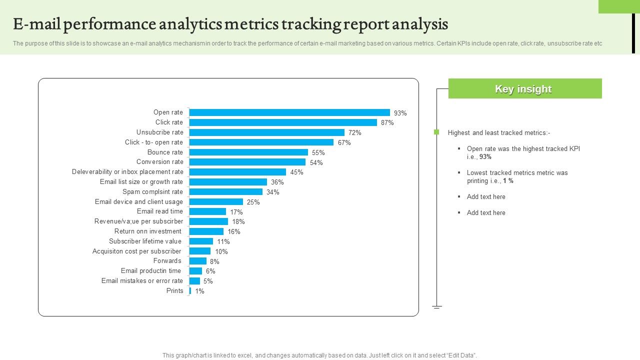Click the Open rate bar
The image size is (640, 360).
click(289, 112)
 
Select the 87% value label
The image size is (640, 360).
click(387, 122)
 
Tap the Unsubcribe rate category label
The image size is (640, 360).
click(159, 132)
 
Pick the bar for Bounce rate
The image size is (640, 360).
click(248, 152)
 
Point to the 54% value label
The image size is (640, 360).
click(316, 162)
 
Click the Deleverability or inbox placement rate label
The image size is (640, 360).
click(127, 172)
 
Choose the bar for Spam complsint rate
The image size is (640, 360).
click(225, 191)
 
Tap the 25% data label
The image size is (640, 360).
click(253, 202)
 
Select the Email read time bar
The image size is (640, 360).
click(207, 211)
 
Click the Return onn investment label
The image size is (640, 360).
click(147, 231)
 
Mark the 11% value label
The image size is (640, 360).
click(223, 241)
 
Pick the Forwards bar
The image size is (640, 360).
click(198, 261)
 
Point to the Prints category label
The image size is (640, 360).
click(174, 291)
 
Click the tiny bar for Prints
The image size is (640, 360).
click(190, 291)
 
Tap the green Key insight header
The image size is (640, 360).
click(524, 88)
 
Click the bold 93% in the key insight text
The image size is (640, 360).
click(485, 157)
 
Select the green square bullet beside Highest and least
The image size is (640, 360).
click(436, 132)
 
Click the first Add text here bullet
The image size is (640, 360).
click(486, 197)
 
